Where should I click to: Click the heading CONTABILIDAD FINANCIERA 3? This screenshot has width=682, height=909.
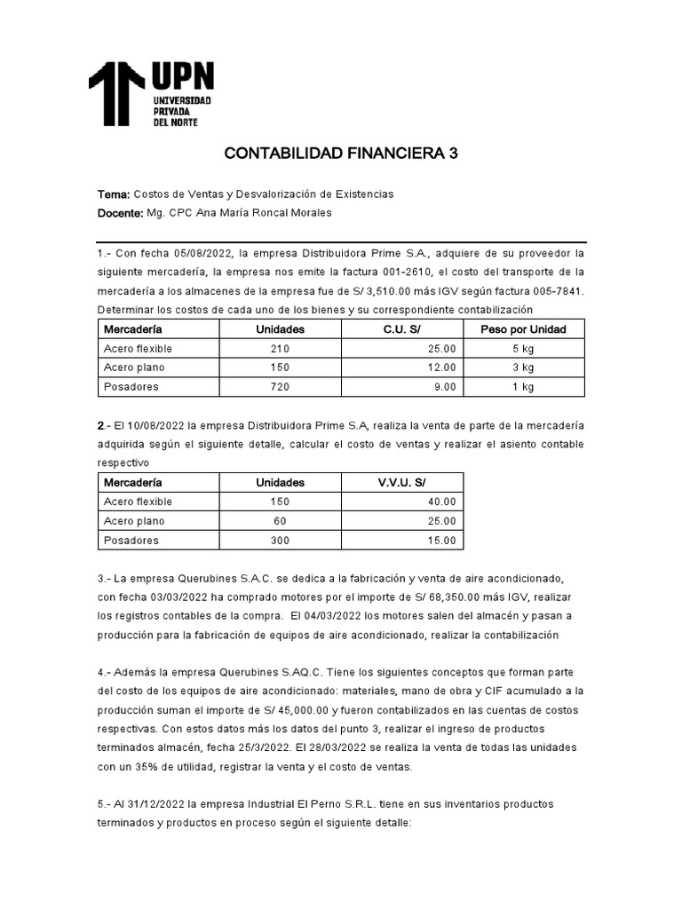tap(341, 154)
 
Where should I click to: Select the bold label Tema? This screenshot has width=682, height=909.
tap(114, 194)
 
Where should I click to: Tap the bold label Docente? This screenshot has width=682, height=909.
tap(120, 214)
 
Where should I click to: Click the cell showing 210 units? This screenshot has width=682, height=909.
tap(280, 349)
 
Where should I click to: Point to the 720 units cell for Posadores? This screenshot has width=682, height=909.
tap(280, 387)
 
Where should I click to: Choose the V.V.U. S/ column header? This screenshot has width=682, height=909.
tap(401, 483)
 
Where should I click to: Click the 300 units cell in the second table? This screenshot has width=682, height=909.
tap(280, 541)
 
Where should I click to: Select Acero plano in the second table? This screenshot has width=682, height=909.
tap(134, 521)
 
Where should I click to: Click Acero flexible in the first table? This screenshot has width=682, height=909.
tap(138, 349)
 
